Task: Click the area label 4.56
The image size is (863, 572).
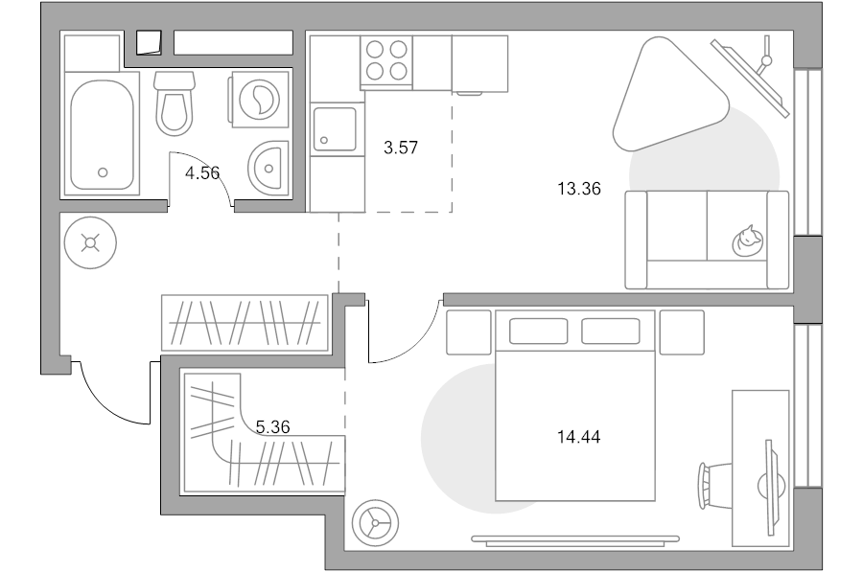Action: tap(202, 173)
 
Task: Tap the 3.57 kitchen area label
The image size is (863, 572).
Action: tap(401, 148)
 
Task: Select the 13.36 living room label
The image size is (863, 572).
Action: tap(579, 189)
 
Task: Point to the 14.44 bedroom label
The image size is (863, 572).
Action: tap(579, 437)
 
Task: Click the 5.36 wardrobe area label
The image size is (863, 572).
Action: tap(273, 426)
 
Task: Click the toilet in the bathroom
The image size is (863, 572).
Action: tap(175, 103)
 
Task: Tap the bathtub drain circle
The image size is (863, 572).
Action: tap(103, 172)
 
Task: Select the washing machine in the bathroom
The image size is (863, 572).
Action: tap(259, 100)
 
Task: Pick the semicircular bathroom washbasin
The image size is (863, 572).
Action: tap(268, 169)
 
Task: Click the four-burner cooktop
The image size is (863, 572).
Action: tap(386, 60)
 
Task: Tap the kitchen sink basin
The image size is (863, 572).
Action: tap(335, 129)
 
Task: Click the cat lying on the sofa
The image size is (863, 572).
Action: tap(747, 241)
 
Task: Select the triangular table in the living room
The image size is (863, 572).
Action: tap(667, 95)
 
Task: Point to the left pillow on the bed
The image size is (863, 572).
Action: tap(538, 332)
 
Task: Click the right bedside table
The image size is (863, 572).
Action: tap(682, 332)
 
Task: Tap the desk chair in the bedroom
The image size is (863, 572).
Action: tap(713, 486)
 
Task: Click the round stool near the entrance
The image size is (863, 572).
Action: tap(90, 242)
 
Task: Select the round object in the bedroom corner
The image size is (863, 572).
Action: tap(375, 523)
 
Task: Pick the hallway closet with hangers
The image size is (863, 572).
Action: tap(245, 323)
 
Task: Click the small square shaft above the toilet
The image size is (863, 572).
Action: tap(149, 42)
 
